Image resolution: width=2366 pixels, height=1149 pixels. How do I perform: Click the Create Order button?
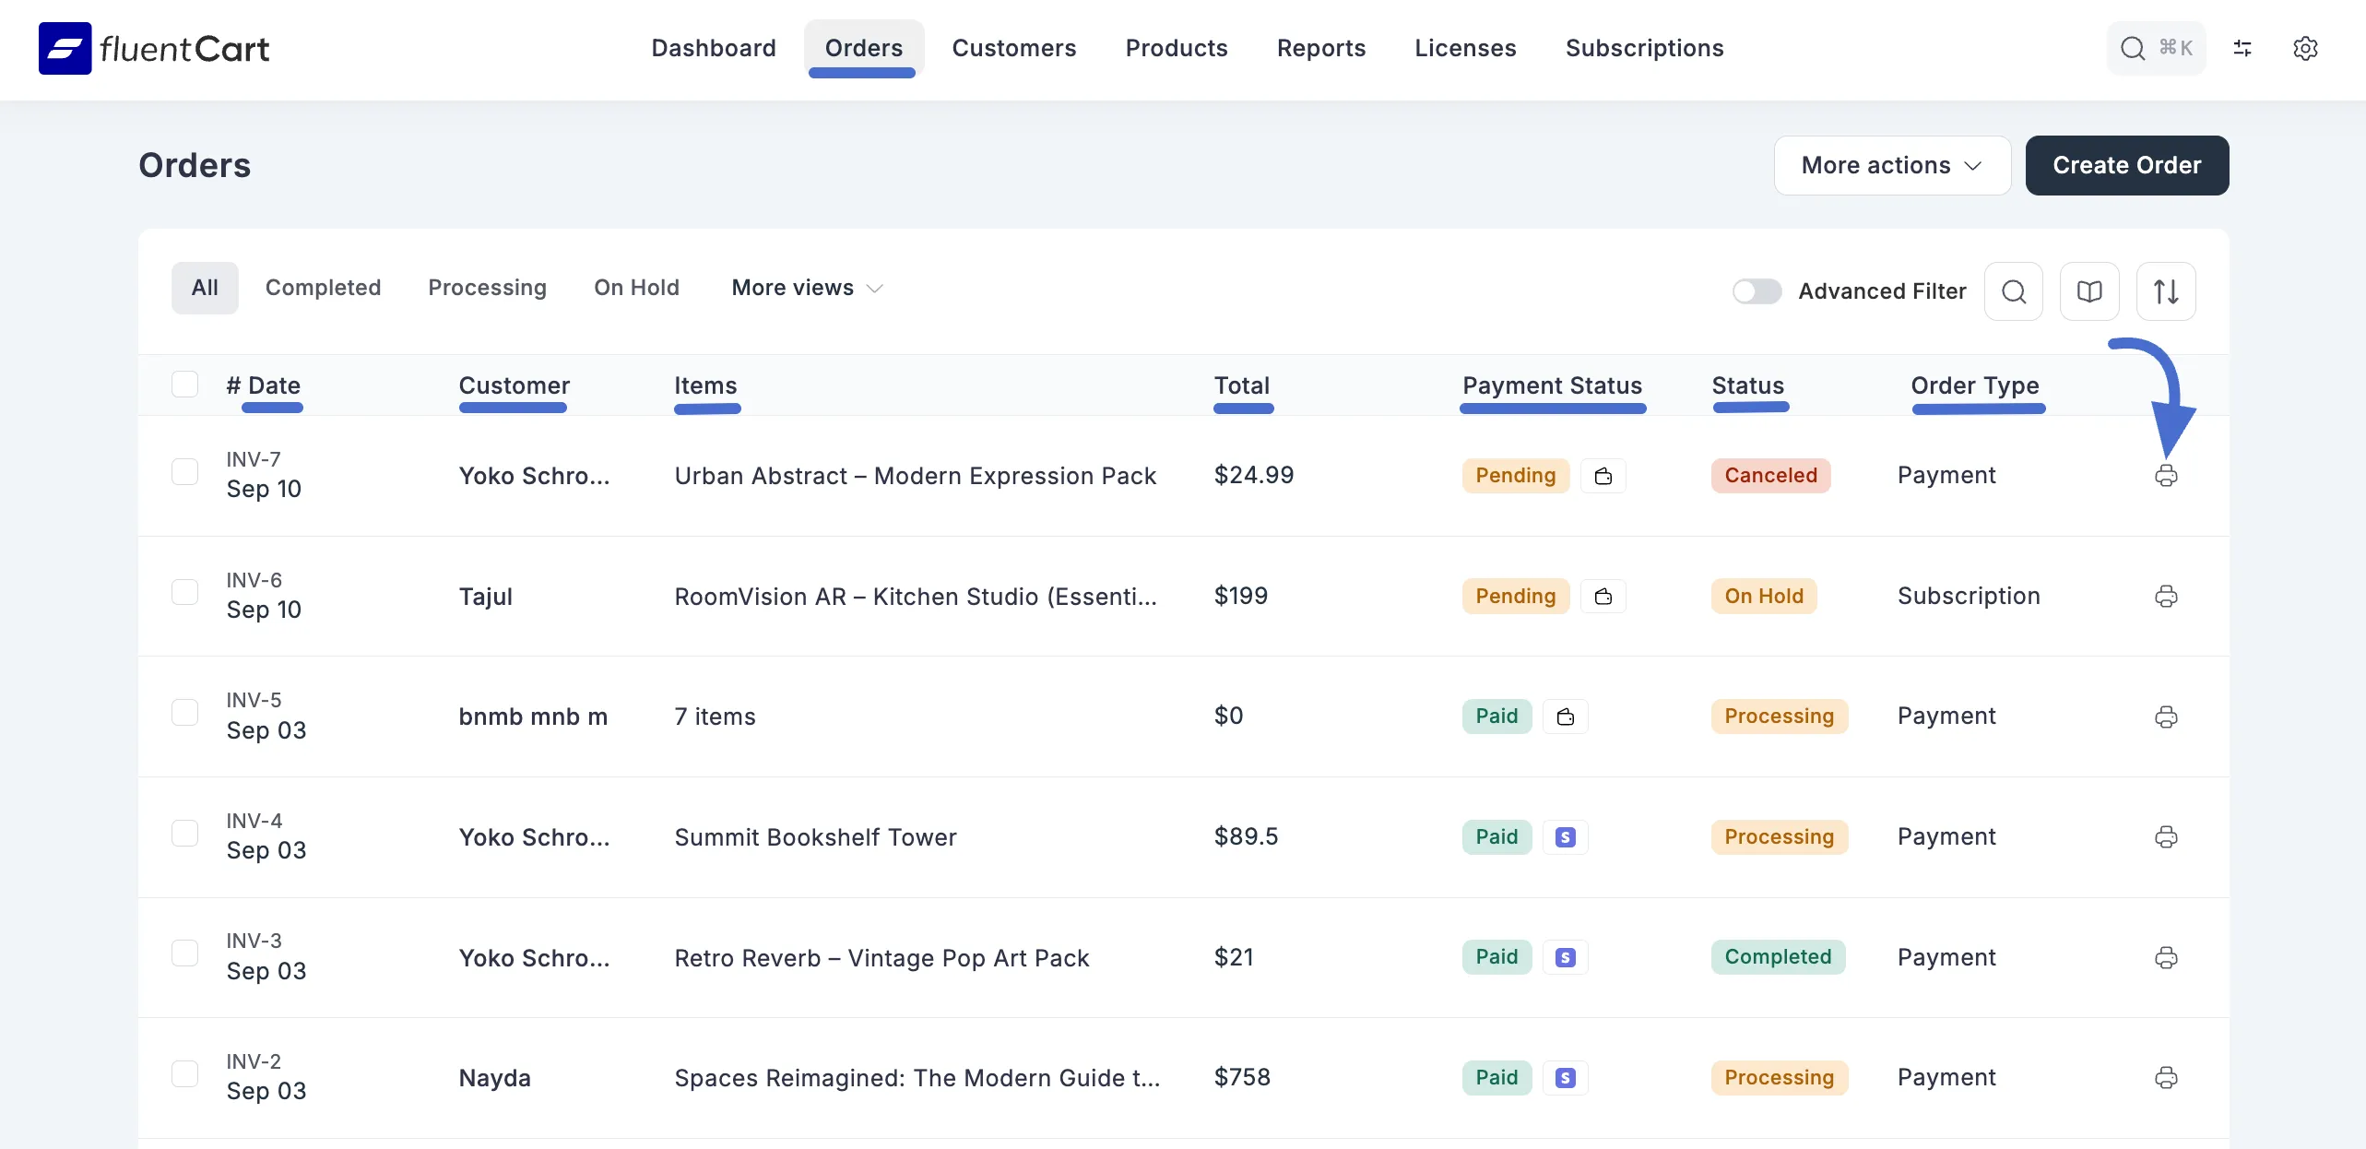point(2126,165)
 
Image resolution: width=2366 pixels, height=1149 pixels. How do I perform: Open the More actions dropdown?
point(1891,165)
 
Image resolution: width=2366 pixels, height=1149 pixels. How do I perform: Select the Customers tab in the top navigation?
point(1013,48)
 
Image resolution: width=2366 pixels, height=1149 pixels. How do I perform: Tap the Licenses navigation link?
point(1465,48)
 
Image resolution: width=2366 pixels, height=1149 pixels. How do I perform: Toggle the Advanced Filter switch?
point(1756,291)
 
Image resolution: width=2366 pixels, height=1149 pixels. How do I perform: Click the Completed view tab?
point(323,288)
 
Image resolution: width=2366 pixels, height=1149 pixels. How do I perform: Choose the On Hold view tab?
point(636,288)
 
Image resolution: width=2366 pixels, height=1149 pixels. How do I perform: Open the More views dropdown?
point(807,288)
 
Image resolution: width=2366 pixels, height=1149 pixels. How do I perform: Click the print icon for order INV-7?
point(2166,476)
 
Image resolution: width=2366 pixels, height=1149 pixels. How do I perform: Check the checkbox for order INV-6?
point(185,592)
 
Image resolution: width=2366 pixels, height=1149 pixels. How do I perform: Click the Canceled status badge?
point(1770,476)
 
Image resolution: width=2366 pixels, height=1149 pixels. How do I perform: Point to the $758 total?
point(1242,1077)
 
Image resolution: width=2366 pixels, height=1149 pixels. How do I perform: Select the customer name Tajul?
point(486,597)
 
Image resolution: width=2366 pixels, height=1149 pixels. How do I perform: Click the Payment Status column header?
point(1552,385)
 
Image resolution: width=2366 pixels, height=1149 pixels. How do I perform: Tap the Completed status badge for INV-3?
point(1778,957)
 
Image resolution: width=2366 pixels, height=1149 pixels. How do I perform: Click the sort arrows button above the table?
point(2166,291)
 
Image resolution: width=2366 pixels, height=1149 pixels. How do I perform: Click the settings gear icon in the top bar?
point(2305,48)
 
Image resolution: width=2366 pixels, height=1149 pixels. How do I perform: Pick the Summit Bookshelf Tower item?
point(815,837)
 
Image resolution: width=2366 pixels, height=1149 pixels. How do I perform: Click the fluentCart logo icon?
point(65,48)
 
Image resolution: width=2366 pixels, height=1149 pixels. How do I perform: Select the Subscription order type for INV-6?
point(1969,597)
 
